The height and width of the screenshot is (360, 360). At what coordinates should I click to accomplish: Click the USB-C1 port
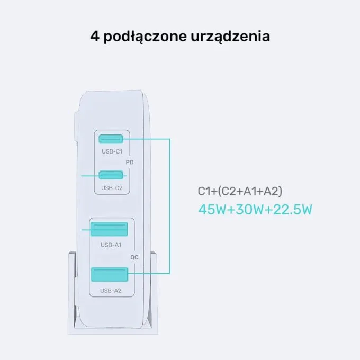(x=111, y=139)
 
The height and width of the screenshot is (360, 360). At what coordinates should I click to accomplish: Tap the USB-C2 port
(x=111, y=175)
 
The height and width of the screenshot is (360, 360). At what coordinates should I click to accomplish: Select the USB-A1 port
(x=109, y=229)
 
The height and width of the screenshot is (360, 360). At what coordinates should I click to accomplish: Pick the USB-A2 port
(x=110, y=274)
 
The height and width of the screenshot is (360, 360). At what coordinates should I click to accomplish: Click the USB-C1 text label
(x=112, y=151)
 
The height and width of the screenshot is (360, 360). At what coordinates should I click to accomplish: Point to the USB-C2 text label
(x=112, y=188)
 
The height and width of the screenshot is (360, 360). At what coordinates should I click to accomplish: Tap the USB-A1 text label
(x=111, y=245)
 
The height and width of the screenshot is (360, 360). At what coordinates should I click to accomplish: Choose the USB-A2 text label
(x=111, y=291)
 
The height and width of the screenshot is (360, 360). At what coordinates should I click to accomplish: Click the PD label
(x=130, y=163)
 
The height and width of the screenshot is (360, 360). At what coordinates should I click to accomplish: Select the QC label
(x=134, y=257)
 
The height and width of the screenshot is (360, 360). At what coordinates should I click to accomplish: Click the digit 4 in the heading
(x=95, y=37)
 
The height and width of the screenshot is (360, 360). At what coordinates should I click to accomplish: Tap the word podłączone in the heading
(x=145, y=37)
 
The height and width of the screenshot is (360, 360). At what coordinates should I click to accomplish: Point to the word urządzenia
(x=230, y=37)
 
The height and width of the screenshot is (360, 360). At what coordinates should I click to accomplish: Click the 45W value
(x=212, y=210)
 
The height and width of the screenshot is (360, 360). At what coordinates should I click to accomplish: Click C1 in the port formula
(x=204, y=191)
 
